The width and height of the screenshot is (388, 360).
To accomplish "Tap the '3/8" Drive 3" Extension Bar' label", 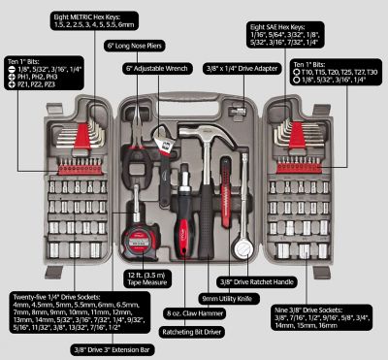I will [x=125, y=349].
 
